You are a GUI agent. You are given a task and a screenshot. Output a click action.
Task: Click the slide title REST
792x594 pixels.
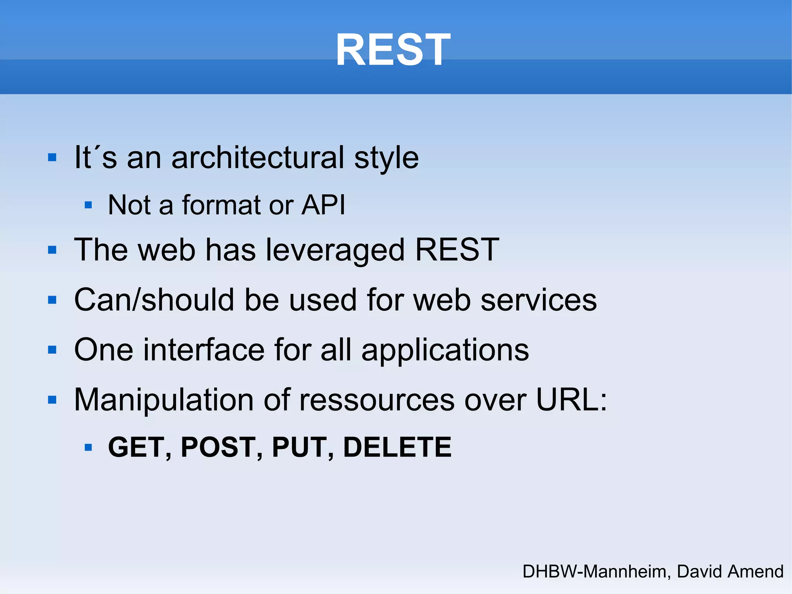[x=393, y=50]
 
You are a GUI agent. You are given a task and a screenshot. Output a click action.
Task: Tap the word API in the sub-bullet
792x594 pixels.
[x=323, y=205]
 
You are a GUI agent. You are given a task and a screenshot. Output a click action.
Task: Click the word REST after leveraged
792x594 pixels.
[x=457, y=250]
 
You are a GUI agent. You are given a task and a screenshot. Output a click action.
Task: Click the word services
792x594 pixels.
[x=538, y=300]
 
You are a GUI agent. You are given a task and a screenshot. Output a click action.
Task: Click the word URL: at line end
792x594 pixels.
[x=572, y=400]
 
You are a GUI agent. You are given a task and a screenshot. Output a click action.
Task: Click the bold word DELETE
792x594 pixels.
[x=397, y=447]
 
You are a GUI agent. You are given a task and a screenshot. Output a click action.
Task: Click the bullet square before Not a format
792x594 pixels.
[x=88, y=205]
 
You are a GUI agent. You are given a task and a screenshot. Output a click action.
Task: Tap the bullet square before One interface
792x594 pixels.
[x=52, y=350]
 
